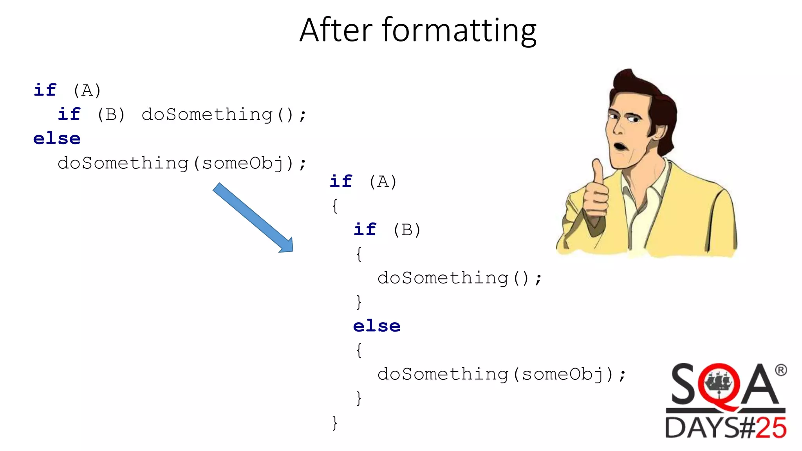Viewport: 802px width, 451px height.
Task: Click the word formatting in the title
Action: click(x=459, y=31)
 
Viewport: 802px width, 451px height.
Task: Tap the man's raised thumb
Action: click(x=598, y=172)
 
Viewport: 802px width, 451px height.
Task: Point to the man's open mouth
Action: click(x=620, y=147)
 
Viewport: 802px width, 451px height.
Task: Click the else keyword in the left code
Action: click(x=57, y=139)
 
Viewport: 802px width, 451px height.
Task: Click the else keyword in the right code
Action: click(x=377, y=326)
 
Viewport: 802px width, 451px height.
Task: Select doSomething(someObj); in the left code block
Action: click(x=182, y=163)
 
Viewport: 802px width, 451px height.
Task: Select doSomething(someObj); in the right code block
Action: click(x=501, y=374)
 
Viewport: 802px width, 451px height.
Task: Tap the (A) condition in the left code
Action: click(x=87, y=91)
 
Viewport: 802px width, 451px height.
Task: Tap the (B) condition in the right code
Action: click(x=407, y=230)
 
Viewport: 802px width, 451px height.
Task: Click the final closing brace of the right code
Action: click(x=334, y=423)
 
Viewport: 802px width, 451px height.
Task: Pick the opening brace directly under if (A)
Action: click(x=334, y=206)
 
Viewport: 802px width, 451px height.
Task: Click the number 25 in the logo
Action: click(x=770, y=428)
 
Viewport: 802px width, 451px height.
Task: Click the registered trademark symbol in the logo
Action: click(x=780, y=370)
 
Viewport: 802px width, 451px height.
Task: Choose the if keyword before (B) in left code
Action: click(x=69, y=114)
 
